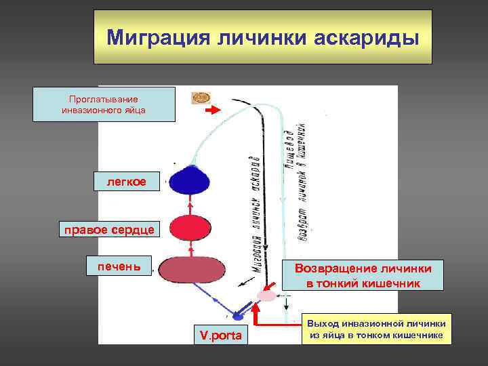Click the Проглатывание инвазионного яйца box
point(104,104)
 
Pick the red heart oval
point(190,228)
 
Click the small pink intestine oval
point(267,296)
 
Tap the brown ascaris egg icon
point(201,99)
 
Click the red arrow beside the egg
point(214,110)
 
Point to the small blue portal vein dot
point(238,315)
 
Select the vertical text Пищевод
point(289,146)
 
